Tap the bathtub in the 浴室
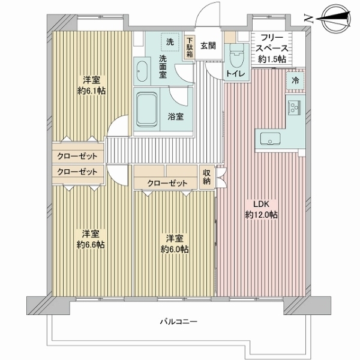click(x=147, y=110)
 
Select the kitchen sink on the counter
click(x=270, y=139)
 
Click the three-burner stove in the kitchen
click(x=294, y=107)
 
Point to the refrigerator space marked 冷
click(x=295, y=81)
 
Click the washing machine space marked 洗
click(x=170, y=42)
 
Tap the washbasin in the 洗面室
click(x=142, y=71)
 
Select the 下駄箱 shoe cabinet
click(x=190, y=47)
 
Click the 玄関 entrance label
click(x=208, y=46)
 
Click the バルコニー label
click(x=178, y=322)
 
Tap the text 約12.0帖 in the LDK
click(x=261, y=215)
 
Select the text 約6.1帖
click(x=91, y=91)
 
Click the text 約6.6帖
click(x=91, y=245)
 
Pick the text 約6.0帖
click(x=175, y=249)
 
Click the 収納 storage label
click(x=206, y=177)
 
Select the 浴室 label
click(x=175, y=116)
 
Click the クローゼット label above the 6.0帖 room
click(x=167, y=183)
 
